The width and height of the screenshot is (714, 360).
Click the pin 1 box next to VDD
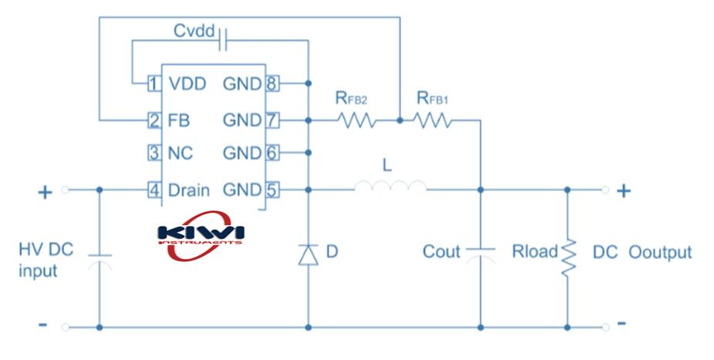[x=153, y=83]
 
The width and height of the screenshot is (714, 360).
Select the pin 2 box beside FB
[x=153, y=120]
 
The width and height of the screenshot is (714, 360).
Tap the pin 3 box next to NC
[x=153, y=153]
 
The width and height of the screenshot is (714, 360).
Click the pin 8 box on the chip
[x=271, y=83]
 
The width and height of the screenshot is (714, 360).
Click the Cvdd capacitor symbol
[x=224, y=39]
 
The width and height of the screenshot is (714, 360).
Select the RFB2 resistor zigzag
[x=355, y=120]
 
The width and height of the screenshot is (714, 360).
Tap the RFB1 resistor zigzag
[x=433, y=120]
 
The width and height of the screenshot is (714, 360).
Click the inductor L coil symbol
[x=390, y=187]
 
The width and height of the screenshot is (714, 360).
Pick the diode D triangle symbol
[x=308, y=254]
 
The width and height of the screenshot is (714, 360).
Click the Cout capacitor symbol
[x=481, y=254]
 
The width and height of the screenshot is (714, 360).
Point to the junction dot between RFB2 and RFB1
[x=399, y=120]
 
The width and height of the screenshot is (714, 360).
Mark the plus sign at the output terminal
[x=625, y=190]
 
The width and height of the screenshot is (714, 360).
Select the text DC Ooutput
[x=642, y=252]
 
